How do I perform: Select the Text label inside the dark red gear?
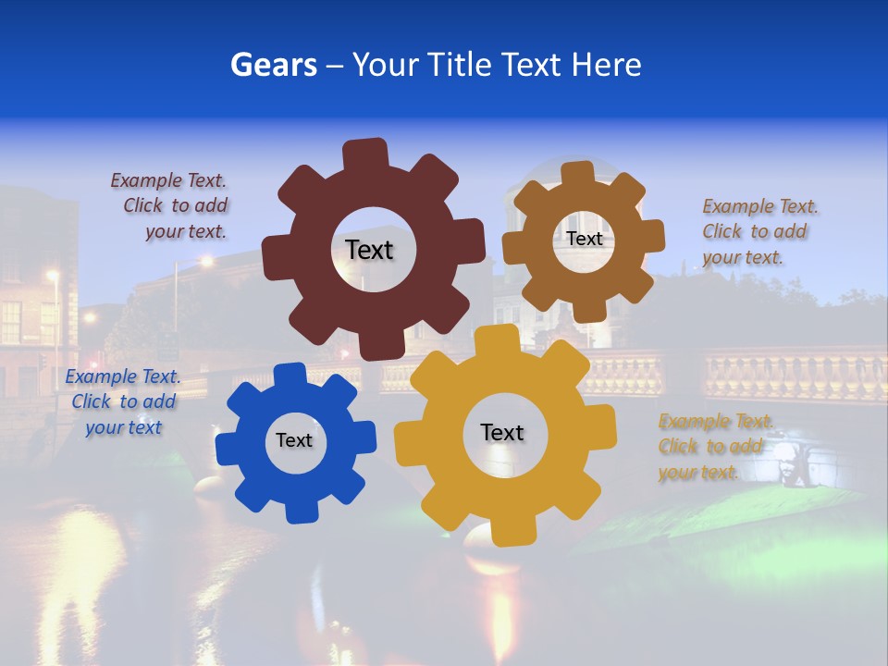pyautogui.click(x=369, y=250)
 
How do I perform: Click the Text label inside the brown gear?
pyautogui.click(x=584, y=239)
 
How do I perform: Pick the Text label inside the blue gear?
pyautogui.click(x=294, y=440)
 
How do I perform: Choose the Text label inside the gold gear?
pyautogui.click(x=502, y=432)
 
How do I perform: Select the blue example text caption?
pyautogui.click(x=123, y=401)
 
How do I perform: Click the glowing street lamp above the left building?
pyautogui.click(x=53, y=275)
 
